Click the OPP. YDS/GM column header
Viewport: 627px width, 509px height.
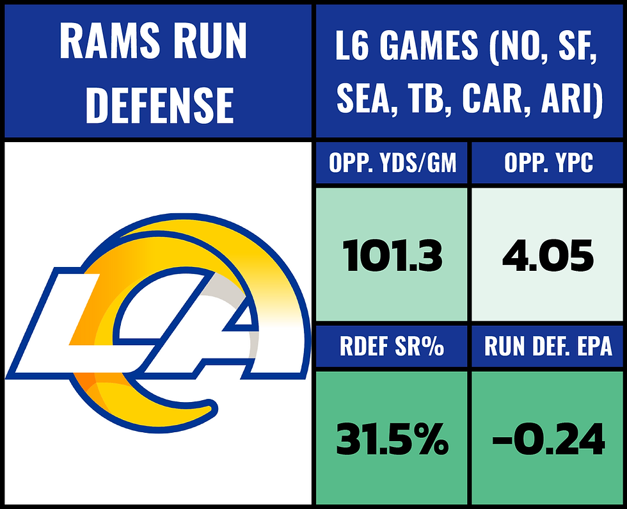tap(392, 164)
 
